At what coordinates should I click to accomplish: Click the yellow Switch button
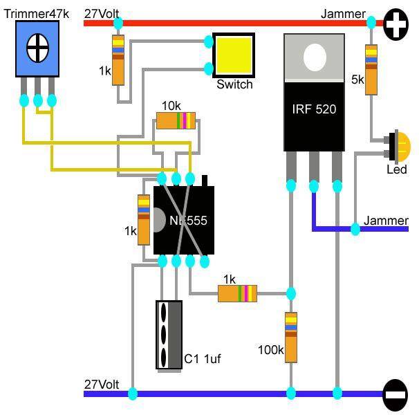coord(234,55)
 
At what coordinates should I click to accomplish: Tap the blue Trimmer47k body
coord(37,49)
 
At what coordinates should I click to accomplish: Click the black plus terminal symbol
coord(395,24)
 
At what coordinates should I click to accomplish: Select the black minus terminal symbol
coord(395,395)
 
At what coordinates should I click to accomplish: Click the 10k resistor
coord(176,121)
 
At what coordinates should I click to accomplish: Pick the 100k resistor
coord(291,338)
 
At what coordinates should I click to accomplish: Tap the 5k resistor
coord(371,70)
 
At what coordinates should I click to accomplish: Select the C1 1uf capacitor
coord(169,335)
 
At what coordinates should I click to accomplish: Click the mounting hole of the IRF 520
coord(315,57)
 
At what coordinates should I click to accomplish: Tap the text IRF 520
coord(314,109)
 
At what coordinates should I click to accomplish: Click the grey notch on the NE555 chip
coord(159,221)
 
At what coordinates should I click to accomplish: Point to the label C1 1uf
coord(203,359)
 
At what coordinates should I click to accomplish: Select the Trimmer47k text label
coord(37,14)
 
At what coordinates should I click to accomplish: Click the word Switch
coord(234,84)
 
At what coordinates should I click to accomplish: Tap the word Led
coord(397,169)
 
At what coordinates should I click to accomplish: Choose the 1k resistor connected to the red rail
coord(118,60)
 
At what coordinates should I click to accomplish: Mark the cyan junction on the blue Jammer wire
coord(355,229)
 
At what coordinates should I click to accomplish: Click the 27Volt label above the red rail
coord(102,14)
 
